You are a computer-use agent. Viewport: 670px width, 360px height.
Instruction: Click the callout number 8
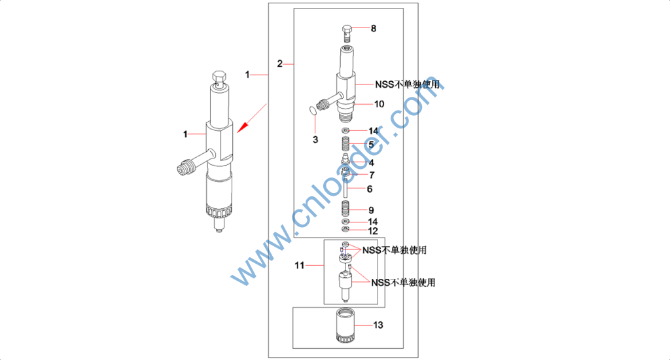point(374,29)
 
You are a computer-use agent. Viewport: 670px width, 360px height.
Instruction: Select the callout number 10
point(379,104)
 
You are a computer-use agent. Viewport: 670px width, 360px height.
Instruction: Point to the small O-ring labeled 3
point(313,111)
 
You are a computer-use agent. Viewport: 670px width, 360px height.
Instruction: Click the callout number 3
point(315,140)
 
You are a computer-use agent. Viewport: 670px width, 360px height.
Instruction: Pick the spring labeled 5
point(345,143)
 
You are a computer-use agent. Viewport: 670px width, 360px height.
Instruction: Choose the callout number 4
point(372,163)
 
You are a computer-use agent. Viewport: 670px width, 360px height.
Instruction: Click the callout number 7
point(372,175)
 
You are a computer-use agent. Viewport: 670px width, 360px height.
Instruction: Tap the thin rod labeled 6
point(345,189)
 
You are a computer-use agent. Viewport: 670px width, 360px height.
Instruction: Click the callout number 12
point(373,231)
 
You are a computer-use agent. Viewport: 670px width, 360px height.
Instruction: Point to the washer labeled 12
point(345,229)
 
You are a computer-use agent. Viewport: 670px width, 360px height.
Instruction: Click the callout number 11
point(300,266)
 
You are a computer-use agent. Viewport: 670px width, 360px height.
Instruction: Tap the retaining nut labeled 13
point(345,326)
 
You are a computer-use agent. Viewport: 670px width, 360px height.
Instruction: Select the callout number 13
point(378,325)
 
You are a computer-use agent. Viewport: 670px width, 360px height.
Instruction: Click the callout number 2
point(280,63)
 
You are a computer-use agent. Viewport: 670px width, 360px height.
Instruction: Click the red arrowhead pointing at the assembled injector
point(242,127)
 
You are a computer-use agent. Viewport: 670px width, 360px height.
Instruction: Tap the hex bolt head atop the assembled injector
point(219,77)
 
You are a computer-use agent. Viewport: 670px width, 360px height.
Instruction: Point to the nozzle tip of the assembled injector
point(219,228)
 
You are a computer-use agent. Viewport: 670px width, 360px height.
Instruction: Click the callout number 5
point(372,145)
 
